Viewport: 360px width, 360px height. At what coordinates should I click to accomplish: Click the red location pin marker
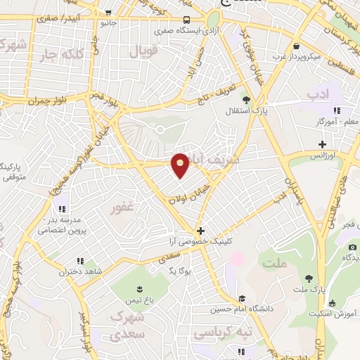(181, 165)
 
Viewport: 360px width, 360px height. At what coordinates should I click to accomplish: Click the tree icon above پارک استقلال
(246, 100)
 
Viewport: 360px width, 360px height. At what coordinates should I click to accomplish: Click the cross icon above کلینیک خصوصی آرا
(201, 230)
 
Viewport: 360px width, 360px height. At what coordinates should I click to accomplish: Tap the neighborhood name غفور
(122, 209)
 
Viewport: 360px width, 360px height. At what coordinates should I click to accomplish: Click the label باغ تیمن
(140, 300)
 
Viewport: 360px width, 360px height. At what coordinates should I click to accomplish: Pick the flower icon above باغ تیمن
(139, 289)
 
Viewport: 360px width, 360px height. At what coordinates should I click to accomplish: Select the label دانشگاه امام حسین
(242, 309)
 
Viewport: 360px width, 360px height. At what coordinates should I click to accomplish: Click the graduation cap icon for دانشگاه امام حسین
(242, 298)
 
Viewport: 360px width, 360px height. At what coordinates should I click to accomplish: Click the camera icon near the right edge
(352, 247)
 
